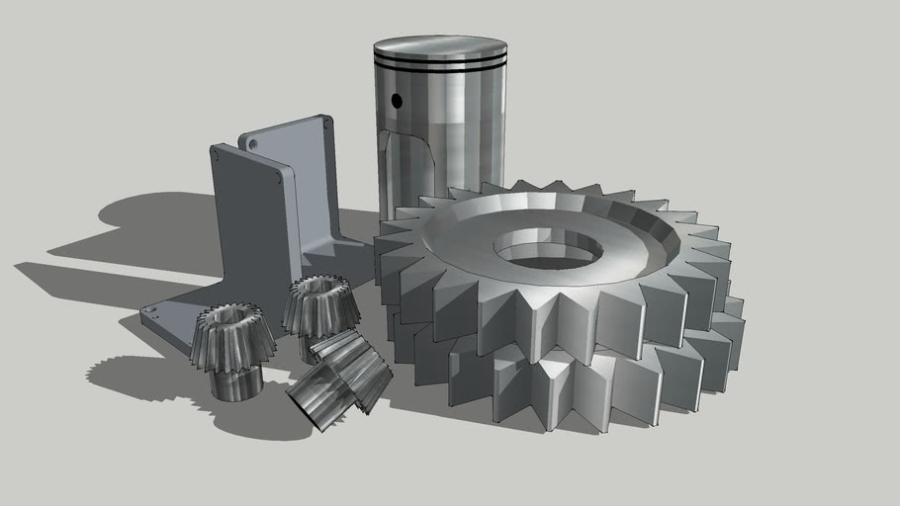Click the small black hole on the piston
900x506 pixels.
coord(397,100)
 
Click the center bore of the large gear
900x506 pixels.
coord(549,250)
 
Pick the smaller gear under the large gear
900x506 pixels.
coord(554,390)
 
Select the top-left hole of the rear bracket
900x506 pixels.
coord(253,143)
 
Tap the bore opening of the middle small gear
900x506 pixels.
coord(318,285)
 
